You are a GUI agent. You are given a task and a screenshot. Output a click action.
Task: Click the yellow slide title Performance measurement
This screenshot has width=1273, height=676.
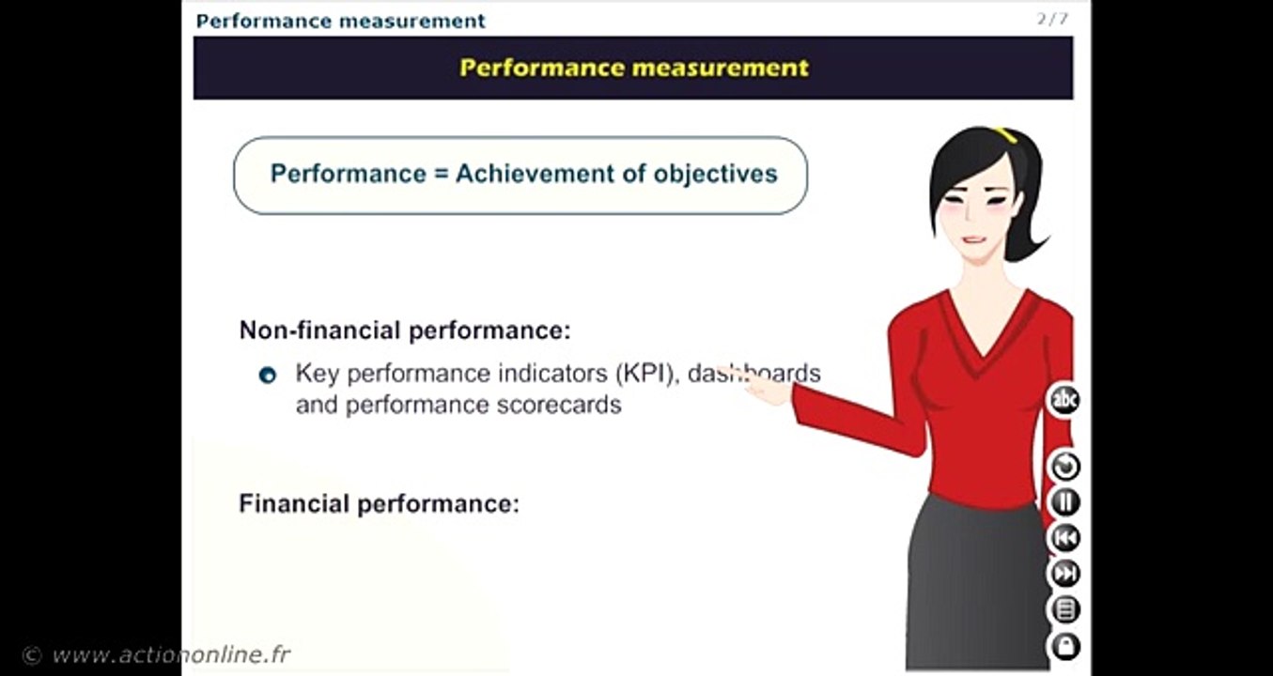[x=633, y=68]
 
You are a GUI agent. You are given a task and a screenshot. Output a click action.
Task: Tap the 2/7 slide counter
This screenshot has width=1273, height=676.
[x=1051, y=19]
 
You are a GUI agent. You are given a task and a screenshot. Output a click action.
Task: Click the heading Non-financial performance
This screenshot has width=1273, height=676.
[x=405, y=330]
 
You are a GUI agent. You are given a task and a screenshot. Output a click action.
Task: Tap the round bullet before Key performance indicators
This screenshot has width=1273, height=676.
[x=268, y=376]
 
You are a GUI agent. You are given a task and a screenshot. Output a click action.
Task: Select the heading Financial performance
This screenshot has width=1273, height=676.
[x=379, y=504]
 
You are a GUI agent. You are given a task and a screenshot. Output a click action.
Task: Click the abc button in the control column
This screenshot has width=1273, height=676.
[x=1064, y=401]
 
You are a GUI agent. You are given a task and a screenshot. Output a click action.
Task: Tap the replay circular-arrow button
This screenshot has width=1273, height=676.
[x=1064, y=466]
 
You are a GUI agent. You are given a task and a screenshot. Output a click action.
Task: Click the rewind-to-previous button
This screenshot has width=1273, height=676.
[x=1064, y=538]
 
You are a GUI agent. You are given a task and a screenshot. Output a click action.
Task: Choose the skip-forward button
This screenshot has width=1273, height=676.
[x=1064, y=574]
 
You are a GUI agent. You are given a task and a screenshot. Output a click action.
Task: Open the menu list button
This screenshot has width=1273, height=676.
[x=1064, y=610]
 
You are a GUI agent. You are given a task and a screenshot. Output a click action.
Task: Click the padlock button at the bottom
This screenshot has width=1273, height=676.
[x=1064, y=646]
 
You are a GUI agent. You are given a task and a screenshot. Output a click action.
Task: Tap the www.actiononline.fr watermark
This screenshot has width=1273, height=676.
[x=169, y=654]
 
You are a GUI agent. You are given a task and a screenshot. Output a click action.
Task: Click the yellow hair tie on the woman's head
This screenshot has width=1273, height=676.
[x=1008, y=135]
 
